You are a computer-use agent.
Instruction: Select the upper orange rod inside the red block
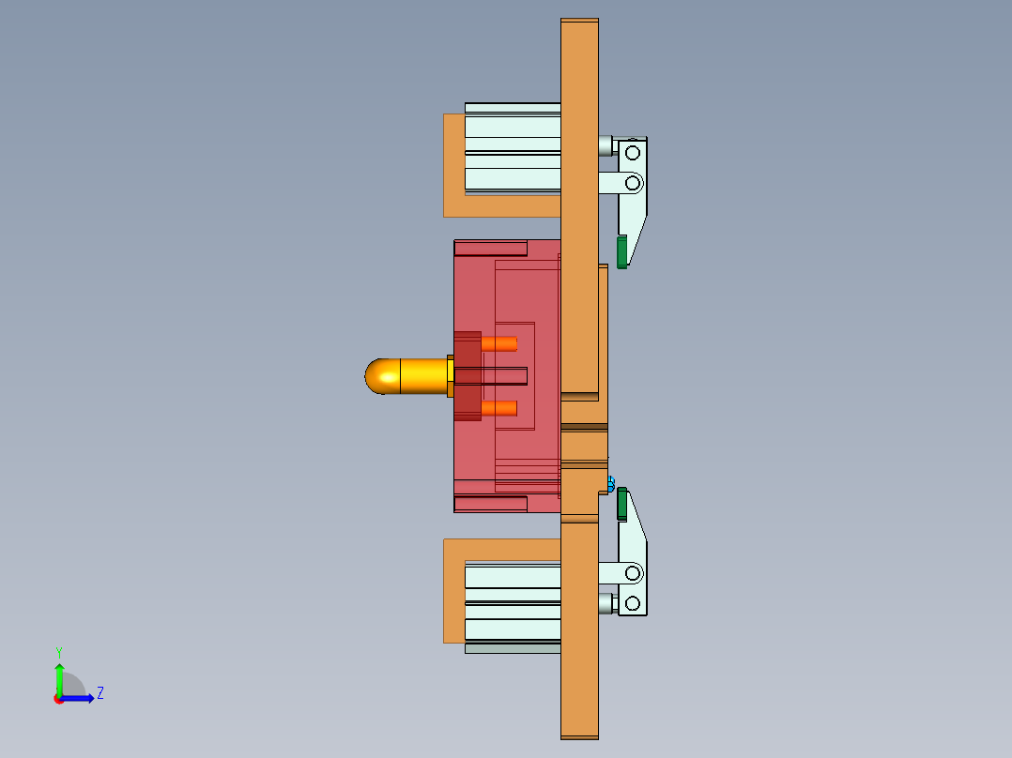coord(499,343)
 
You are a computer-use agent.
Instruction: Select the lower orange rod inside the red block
coord(499,408)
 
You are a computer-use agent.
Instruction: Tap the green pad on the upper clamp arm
coord(621,251)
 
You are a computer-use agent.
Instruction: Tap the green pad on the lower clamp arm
coord(621,504)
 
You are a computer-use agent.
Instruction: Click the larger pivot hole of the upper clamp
coord(633,182)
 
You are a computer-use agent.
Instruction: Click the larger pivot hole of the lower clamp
coord(633,572)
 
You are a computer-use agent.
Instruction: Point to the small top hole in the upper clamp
coord(633,152)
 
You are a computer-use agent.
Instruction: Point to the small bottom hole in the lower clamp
coord(633,602)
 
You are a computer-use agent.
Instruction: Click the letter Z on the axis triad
coord(100,693)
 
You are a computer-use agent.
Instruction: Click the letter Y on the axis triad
coord(58,651)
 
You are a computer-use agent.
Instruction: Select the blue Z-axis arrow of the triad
coord(79,698)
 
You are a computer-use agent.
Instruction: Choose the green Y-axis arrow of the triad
coord(59,677)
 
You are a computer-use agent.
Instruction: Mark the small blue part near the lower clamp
coord(611,484)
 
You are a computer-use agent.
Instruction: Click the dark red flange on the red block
coord(468,375)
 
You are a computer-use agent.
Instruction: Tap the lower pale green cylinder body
coord(512,601)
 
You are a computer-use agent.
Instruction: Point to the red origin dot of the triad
coord(59,699)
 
